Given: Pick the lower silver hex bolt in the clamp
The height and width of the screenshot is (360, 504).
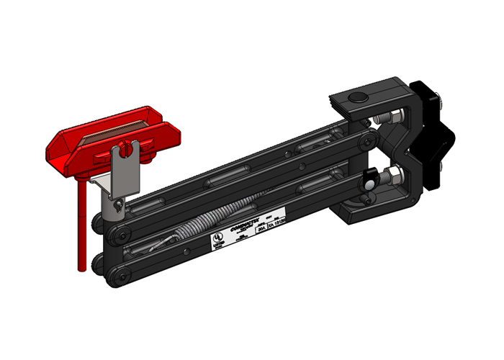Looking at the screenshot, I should (x=392, y=175).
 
